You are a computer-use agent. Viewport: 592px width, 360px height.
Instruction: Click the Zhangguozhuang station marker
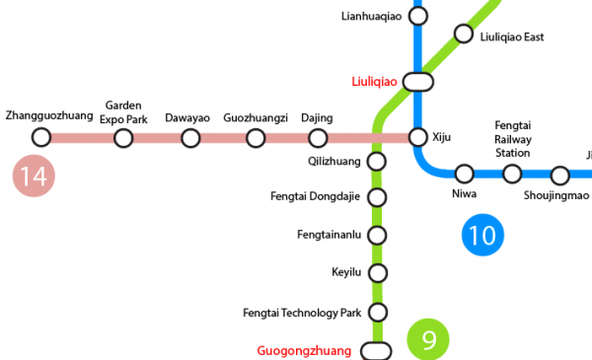[41, 137]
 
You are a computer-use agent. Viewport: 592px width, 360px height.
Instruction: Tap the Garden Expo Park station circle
[123, 137]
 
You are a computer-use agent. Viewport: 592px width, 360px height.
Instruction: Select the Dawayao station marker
[190, 137]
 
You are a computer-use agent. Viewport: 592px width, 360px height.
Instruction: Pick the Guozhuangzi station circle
[256, 137]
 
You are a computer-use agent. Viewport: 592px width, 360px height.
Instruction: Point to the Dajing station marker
[318, 137]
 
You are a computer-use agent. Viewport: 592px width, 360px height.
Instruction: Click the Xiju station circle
[418, 137]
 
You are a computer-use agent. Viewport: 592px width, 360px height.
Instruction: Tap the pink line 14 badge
[33, 177]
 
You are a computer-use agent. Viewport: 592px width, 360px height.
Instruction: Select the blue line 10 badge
[483, 234]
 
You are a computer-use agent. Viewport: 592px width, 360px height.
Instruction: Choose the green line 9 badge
[428, 339]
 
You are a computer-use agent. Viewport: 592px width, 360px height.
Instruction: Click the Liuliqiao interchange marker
[418, 81]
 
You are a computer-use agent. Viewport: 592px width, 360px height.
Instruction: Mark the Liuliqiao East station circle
[464, 35]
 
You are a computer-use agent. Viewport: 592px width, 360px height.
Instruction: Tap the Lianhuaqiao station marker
[418, 16]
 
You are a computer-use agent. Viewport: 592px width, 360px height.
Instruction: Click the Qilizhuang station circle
[377, 161]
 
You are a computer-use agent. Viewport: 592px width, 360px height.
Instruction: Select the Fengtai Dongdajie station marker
[377, 197]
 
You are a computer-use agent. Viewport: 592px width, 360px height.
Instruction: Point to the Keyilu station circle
[377, 273]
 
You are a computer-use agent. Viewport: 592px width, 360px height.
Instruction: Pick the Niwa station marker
[464, 175]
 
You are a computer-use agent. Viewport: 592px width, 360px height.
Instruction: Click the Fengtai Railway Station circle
[512, 175]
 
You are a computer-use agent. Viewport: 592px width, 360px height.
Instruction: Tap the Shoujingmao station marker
[560, 177]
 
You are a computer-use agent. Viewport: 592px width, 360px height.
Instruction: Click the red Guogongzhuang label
[304, 350]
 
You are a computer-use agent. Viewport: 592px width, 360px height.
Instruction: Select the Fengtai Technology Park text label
[302, 313]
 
